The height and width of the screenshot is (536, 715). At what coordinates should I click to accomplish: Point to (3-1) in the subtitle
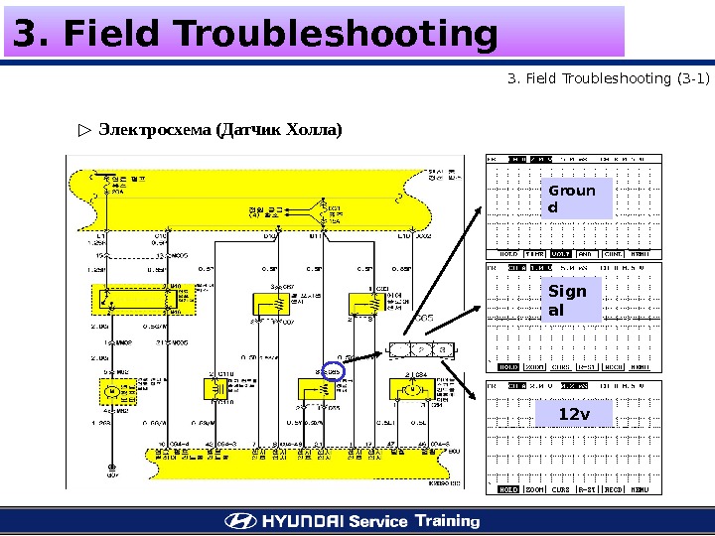690,77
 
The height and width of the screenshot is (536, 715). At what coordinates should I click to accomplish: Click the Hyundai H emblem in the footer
239,521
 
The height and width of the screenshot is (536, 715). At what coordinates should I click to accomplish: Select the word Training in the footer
447,520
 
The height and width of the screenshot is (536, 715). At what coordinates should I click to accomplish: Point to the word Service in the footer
378,521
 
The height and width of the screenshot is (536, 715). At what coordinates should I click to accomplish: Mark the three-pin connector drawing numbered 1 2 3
422,349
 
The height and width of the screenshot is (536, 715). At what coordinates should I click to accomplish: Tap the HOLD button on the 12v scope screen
508,489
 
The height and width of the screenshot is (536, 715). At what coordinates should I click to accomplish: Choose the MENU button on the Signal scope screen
641,366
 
